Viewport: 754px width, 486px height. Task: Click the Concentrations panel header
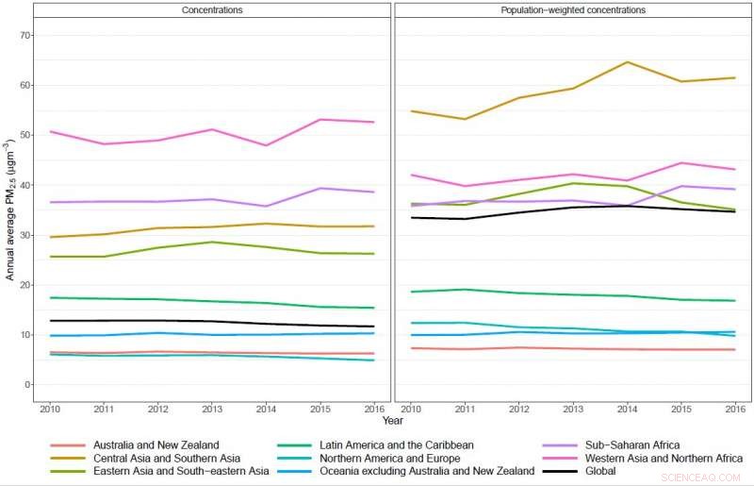[211, 10]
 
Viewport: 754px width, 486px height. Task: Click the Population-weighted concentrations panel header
[573, 10]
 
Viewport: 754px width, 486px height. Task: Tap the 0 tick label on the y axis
[28, 385]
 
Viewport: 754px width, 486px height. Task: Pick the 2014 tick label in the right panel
[627, 408]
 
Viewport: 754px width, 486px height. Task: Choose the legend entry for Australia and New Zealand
[155, 444]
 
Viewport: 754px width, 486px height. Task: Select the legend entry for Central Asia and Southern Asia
[164, 458]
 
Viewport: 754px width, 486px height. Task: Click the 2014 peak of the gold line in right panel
[627, 62]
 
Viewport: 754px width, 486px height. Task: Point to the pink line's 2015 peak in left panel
[322, 120]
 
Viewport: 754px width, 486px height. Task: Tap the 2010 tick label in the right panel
[410, 408]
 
